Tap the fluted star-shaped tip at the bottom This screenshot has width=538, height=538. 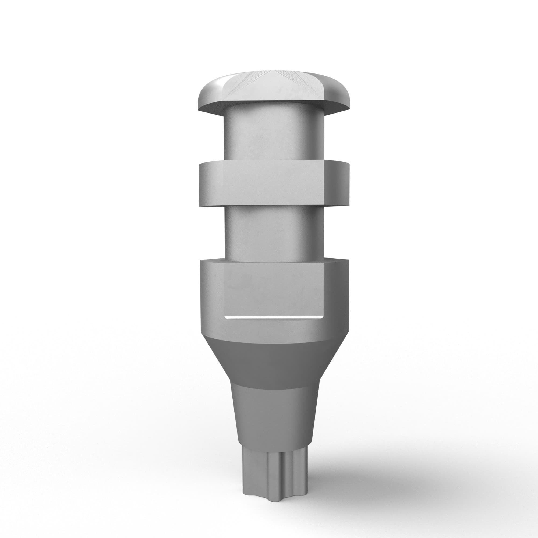(x=273, y=473)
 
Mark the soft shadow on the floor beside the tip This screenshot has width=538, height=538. (x=362, y=479)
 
